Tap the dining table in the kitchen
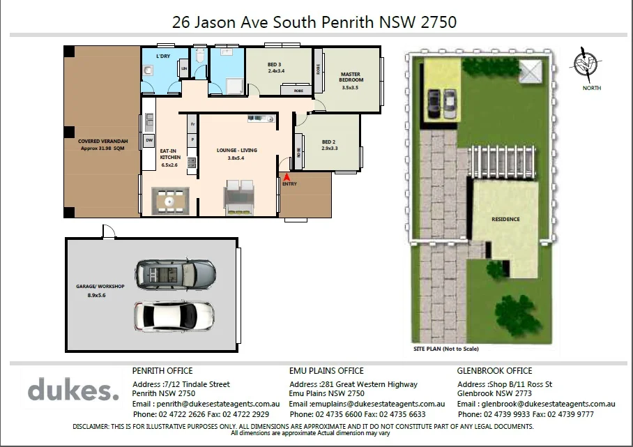pos(171,201)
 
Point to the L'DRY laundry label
pos(163,56)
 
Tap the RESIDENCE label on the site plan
pos(505,219)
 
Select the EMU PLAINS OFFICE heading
pos(326,371)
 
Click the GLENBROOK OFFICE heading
pos(494,371)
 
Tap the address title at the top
pos(314,22)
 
